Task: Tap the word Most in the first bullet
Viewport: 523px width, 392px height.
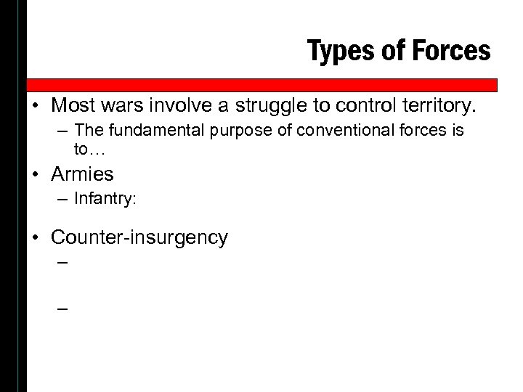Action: pos(73,107)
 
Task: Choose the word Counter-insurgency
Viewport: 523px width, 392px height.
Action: pos(139,237)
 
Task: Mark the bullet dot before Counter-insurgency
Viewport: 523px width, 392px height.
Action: pos(37,237)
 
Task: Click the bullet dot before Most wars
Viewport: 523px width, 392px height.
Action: pos(37,107)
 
